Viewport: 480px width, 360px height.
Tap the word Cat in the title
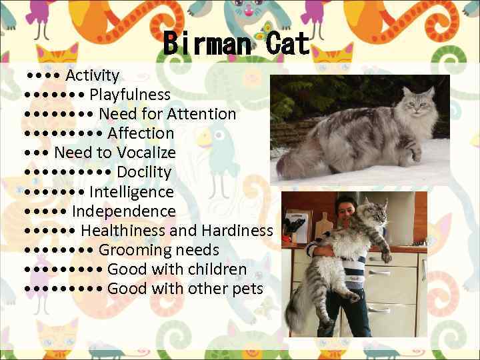coord(287,44)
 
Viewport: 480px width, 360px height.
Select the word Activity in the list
coord(92,75)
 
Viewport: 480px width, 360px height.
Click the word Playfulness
coord(129,95)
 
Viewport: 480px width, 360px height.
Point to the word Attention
coord(201,114)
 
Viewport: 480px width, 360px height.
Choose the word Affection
coord(141,133)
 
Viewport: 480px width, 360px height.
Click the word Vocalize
coord(146,153)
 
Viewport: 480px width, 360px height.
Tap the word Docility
coord(144,172)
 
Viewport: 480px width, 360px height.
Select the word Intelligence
coord(131,192)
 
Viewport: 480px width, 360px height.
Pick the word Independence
coord(123,211)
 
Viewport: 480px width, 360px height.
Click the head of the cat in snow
coord(421,100)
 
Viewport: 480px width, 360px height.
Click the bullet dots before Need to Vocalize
coord(37,153)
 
